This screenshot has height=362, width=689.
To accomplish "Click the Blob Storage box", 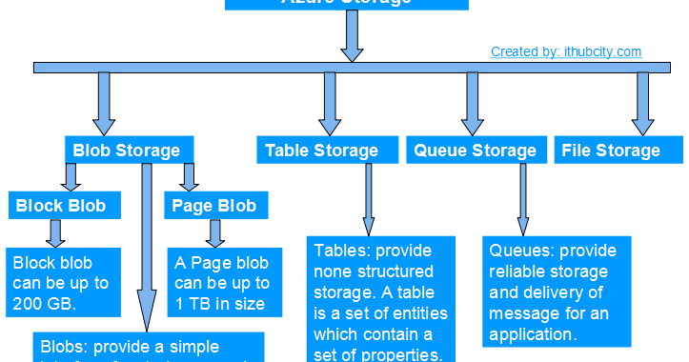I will [x=127, y=150].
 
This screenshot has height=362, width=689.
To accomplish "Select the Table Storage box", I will [x=321, y=151].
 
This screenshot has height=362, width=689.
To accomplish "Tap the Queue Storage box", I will [x=475, y=151].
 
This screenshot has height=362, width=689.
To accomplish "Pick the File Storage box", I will [x=612, y=151].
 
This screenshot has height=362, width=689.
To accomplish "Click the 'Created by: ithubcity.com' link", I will [x=566, y=52].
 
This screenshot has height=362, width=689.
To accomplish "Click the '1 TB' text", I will [x=196, y=304].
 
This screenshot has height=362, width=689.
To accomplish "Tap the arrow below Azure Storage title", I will [x=352, y=38].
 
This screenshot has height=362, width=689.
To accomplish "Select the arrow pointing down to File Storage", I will [x=642, y=103].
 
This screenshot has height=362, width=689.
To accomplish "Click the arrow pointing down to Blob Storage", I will [x=105, y=103].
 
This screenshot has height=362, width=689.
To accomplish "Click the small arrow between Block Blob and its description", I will [x=56, y=232].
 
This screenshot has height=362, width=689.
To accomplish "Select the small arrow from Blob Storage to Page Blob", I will [x=189, y=176].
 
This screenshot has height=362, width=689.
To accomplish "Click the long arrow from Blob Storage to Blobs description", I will [x=147, y=248].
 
